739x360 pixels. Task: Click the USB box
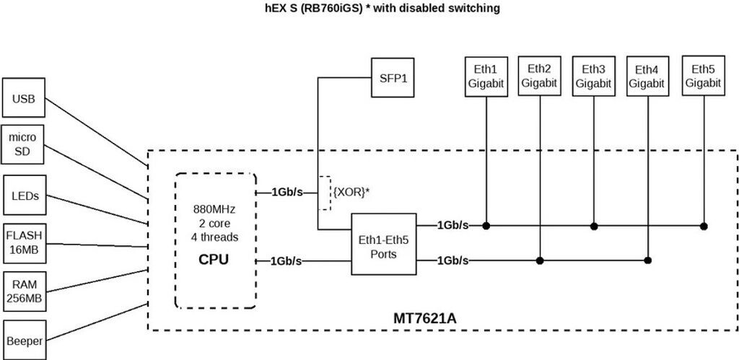[x=24, y=98]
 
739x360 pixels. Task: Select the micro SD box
[x=23, y=146]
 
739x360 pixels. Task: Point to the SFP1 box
[x=393, y=76]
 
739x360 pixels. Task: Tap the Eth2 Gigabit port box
[x=540, y=76]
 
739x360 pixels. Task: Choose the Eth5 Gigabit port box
[x=703, y=76]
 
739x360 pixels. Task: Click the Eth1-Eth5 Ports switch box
[x=384, y=244]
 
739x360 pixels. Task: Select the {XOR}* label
[x=351, y=192]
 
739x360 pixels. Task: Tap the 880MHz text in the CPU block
[x=214, y=209]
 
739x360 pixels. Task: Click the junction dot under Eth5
[x=704, y=227]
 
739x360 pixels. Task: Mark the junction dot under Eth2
[x=541, y=260]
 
